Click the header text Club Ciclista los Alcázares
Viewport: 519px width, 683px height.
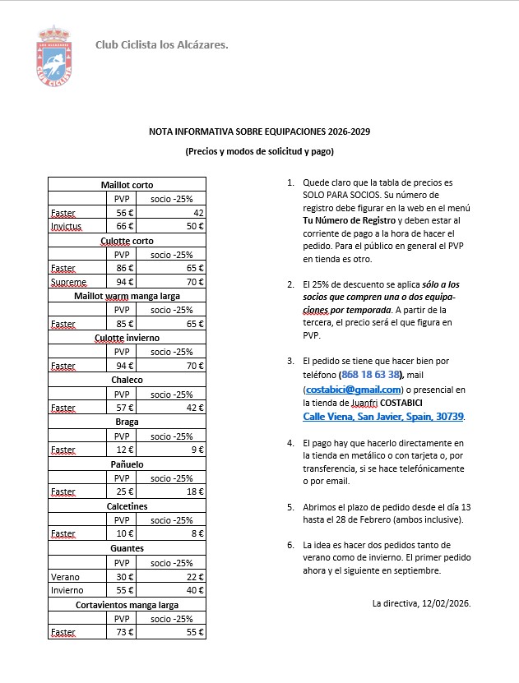pos(162,44)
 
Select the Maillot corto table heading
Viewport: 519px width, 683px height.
pos(127,185)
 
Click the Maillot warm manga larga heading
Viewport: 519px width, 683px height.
pos(127,296)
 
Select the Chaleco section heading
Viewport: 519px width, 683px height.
pos(127,380)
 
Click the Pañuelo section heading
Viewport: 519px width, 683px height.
pos(127,464)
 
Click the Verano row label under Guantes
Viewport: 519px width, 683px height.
pos(65,576)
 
